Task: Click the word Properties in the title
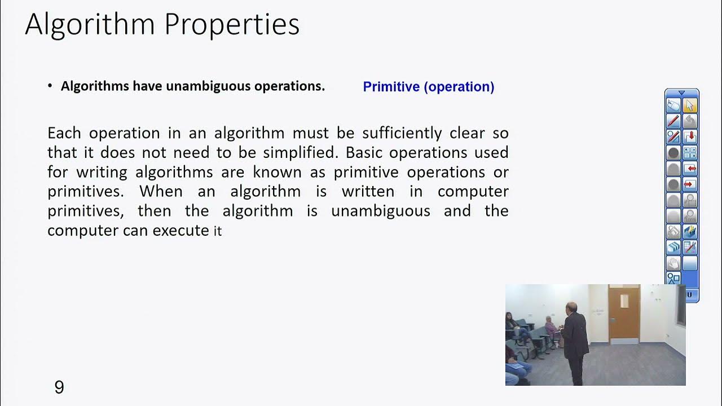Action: [231, 25]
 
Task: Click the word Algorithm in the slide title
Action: [90, 25]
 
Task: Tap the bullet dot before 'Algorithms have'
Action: [50, 86]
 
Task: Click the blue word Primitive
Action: [391, 87]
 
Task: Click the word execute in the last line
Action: [181, 230]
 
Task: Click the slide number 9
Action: [59, 387]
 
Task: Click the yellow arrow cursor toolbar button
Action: [690, 105]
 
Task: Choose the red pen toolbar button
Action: [673, 121]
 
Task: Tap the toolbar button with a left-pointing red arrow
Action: [690, 168]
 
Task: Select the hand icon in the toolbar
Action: [673, 262]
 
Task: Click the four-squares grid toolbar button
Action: [690, 152]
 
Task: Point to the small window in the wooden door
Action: [624, 301]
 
